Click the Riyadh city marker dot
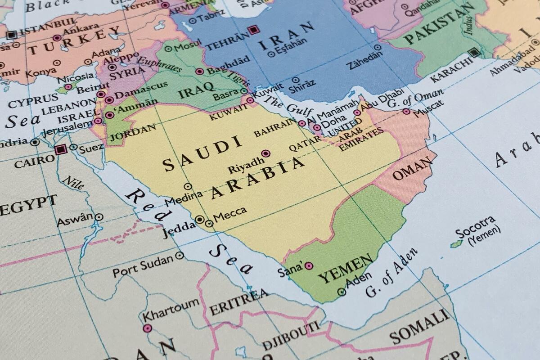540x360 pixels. coord(265,153)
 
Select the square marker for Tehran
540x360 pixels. coord(254,31)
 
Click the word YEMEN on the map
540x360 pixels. coord(345,268)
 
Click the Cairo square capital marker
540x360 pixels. coord(61,149)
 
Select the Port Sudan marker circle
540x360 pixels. coord(180,256)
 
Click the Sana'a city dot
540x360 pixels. coord(309,266)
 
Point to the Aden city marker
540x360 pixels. coord(342,292)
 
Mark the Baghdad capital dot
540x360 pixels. coord(199,71)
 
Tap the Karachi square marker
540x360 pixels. coord(473,53)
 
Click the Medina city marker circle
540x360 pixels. coord(188,186)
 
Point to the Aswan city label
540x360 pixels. coord(75,219)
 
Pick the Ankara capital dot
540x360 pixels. coord(57,38)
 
